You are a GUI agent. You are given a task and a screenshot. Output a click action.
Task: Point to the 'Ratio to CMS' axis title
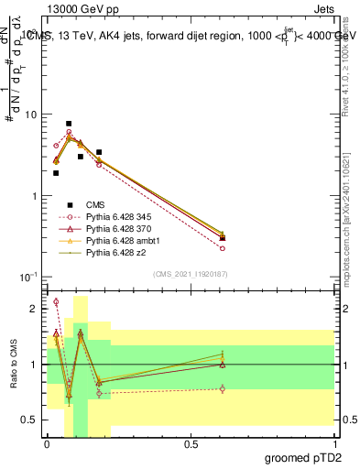(14, 365)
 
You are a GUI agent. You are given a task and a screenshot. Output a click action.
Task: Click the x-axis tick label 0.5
(191, 444)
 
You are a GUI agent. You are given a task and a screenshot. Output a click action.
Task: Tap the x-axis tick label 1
(334, 444)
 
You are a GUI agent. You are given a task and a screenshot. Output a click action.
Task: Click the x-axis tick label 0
(48, 444)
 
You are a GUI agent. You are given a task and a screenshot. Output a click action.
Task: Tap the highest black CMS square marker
(69, 124)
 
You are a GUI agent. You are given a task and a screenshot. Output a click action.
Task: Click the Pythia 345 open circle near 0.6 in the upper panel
(223, 248)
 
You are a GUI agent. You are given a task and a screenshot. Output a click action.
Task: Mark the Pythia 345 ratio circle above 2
(56, 301)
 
